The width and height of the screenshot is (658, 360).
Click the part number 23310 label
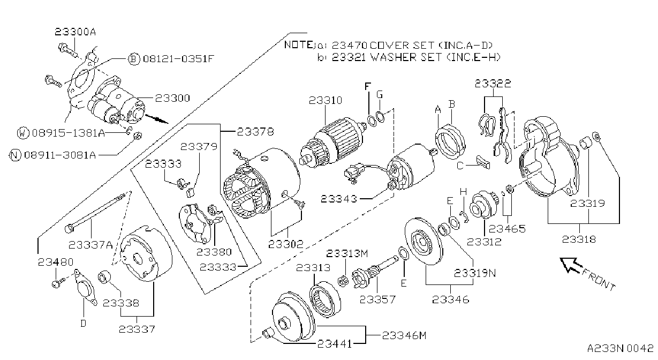326,101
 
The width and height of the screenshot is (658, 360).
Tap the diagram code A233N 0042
621,348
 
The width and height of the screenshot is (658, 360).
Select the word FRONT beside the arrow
599,280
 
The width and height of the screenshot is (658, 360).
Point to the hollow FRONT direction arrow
571,265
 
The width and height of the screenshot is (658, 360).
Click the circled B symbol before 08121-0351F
134,59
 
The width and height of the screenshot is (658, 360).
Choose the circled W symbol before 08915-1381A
23,133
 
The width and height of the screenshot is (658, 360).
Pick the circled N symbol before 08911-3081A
16,155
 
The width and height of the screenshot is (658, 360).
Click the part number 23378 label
255,132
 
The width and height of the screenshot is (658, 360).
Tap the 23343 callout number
338,199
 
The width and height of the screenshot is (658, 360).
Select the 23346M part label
404,335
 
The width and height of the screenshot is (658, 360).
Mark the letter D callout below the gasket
84,324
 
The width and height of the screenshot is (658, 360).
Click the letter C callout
460,166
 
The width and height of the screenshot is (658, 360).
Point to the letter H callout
463,192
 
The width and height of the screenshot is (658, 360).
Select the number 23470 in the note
350,45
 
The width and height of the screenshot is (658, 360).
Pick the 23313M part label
347,253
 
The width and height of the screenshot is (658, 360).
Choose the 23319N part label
475,273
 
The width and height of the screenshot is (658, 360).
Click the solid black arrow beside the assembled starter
157,118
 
